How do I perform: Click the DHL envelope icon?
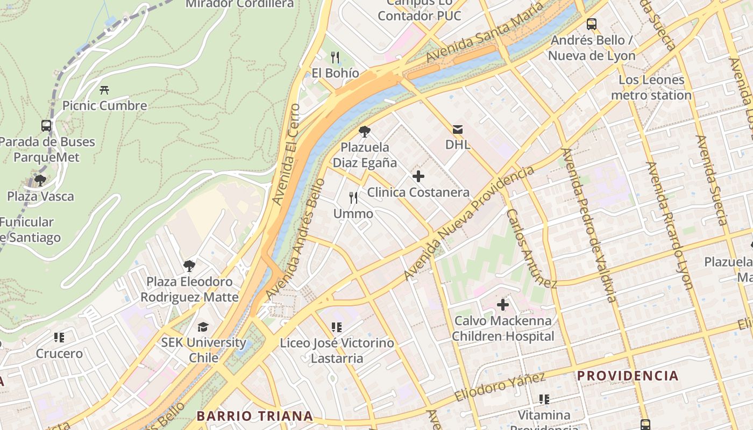(x=457, y=129)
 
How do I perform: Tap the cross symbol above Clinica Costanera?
(x=418, y=176)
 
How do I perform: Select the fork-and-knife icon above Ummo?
(x=353, y=198)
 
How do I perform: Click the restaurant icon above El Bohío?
(x=335, y=57)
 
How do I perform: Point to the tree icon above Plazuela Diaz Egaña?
(x=365, y=132)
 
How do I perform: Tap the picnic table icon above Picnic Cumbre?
(x=104, y=90)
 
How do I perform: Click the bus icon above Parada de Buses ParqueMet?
(x=46, y=126)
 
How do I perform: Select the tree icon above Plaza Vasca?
(x=40, y=181)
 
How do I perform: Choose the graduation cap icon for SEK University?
(x=203, y=327)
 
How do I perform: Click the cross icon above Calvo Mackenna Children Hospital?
(x=502, y=305)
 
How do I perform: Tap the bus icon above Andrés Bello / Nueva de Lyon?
(x=592, y=24)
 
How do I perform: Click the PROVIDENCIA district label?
(x=628, y=376)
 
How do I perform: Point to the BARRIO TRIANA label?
(x=254, y=415)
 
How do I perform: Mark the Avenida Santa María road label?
(x=477, y=34)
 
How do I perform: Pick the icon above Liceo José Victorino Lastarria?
(x=337, y=327)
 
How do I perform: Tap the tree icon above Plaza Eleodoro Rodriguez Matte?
(x=189, y=266)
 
